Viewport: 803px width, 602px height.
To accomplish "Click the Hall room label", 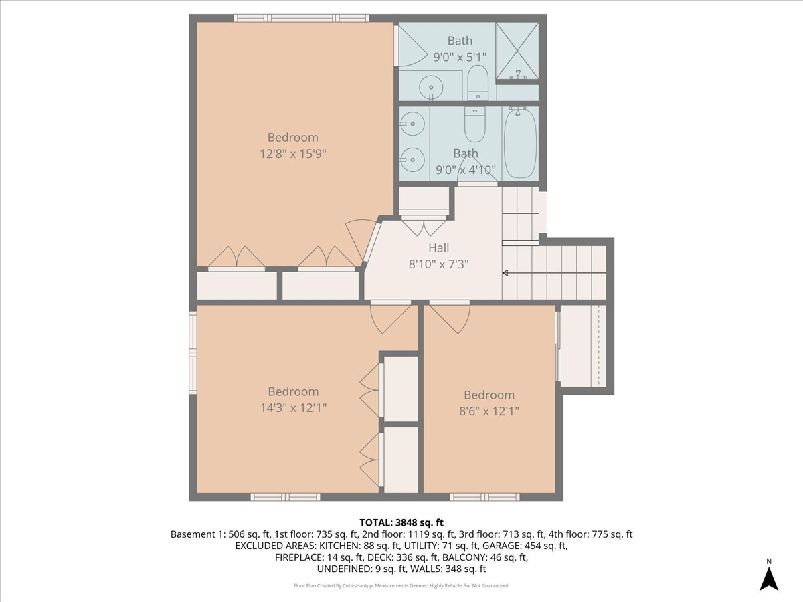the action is coord(438,247).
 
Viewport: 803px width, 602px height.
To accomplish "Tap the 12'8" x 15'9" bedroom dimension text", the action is coord(292,154).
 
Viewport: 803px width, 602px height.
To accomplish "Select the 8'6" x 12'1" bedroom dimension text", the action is coord(489,411).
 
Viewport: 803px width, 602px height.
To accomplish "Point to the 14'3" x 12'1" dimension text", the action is coord(293,407).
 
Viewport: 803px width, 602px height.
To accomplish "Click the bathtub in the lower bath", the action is coord(520,144).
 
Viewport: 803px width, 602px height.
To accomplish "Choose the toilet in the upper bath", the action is coord(478,82).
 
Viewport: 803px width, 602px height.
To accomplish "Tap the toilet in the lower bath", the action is coord(475,124).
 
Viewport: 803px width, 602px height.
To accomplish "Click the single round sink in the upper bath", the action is coord(431,88).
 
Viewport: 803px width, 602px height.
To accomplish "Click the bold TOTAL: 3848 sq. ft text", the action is coord(401,522).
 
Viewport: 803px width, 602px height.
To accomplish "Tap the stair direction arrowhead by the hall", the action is coord(505,273).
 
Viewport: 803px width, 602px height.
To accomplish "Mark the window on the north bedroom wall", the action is coord(301,18).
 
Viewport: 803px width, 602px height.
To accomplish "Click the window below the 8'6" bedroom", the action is coord(484,497).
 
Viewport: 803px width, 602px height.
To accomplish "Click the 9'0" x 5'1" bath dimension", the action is coord(460,57).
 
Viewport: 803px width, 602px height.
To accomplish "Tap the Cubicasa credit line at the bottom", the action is coord(401,585).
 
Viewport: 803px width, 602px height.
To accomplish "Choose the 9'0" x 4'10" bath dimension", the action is coord(466,170).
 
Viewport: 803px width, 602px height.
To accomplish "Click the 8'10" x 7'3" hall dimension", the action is coord(438,264).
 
